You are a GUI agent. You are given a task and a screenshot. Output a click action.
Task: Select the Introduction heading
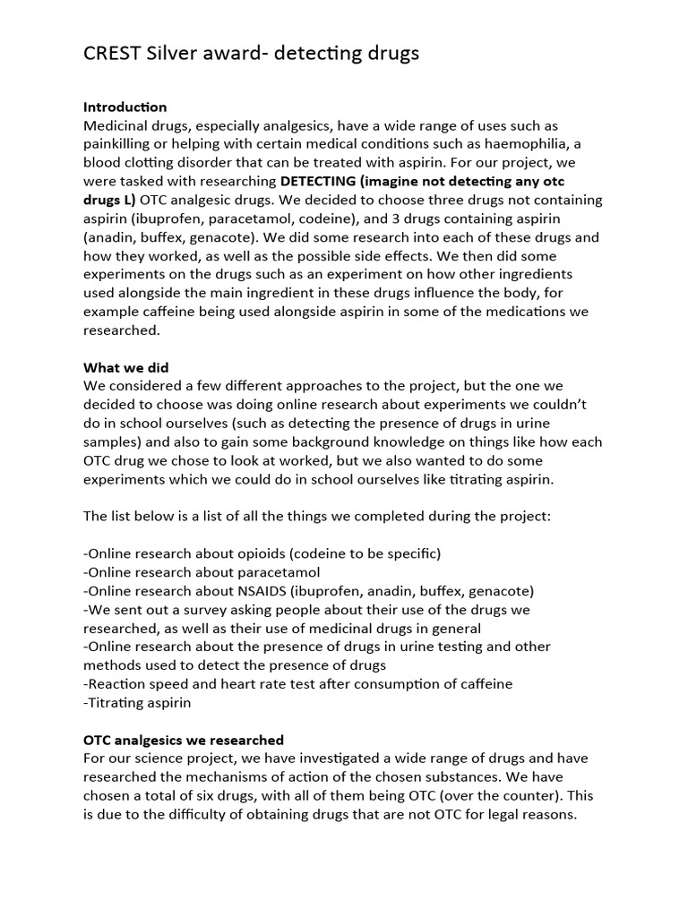pos(125,107)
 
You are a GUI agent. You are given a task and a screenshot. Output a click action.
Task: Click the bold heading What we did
pos(126,367)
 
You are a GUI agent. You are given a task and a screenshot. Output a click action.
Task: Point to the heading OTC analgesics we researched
pos(184,740)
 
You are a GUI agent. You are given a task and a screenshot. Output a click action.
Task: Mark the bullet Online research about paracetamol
pos(202,572)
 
